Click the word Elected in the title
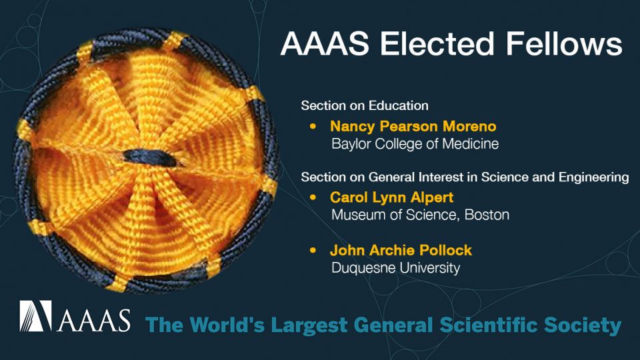coord(435,45)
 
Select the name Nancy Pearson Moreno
coord(413,126)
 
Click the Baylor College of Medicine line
coord(415,143)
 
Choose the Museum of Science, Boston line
coord(420,215)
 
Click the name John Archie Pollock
coord(401,251)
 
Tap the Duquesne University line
coord(395,268)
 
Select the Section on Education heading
coord(364,105)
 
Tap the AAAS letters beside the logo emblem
coord(93,320)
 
